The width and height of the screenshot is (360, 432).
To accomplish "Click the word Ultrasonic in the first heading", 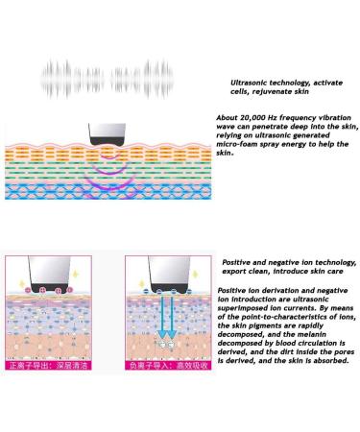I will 252,84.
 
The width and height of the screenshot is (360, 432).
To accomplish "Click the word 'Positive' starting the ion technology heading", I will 237,261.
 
